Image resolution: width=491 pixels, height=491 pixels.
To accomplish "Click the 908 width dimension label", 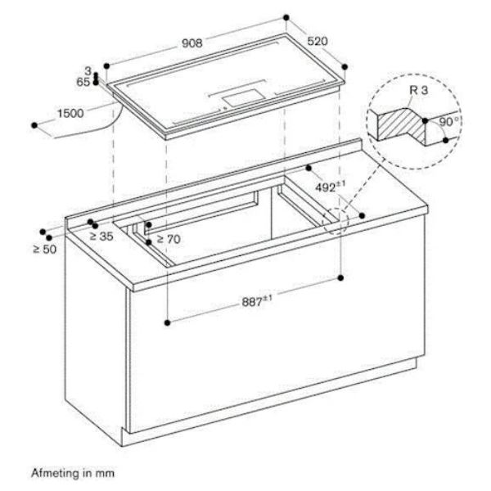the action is click(x=192, y=43).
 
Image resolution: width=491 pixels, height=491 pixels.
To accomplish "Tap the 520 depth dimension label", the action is click(x=318, y=41).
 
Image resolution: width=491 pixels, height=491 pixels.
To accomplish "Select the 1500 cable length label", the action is click(x=70, y=113).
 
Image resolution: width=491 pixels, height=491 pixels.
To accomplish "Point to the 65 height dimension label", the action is click(x=83, y=82).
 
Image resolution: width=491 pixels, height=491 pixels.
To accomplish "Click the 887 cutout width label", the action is click(x=257, y=301).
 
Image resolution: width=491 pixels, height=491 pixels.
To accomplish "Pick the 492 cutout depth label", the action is click(x=330, y=187).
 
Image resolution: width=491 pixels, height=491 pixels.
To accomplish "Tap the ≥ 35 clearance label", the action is click(x=101, y=236).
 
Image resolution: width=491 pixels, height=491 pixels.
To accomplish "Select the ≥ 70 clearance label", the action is click(x=169, y=239).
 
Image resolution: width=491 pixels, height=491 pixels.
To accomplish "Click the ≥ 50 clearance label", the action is click(x=45, y=250).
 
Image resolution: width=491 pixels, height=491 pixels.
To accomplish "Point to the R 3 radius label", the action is click(x=419, y=90).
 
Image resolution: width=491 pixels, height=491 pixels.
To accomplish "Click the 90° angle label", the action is click(x=449, y=122).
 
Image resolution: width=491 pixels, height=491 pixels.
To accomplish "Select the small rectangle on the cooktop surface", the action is click(x=244, y=98).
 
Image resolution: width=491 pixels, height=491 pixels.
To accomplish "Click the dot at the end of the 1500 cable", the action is click(x=34, y=125).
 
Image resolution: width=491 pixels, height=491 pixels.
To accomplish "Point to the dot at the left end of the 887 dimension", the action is click(x=168, y=322).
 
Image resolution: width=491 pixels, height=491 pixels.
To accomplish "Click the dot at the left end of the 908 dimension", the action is click(x=106, y=66).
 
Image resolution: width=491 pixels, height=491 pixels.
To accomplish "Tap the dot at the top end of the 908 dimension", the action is click(x=286, y=17).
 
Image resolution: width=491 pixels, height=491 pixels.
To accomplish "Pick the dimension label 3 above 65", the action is click(x=88, y=71).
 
